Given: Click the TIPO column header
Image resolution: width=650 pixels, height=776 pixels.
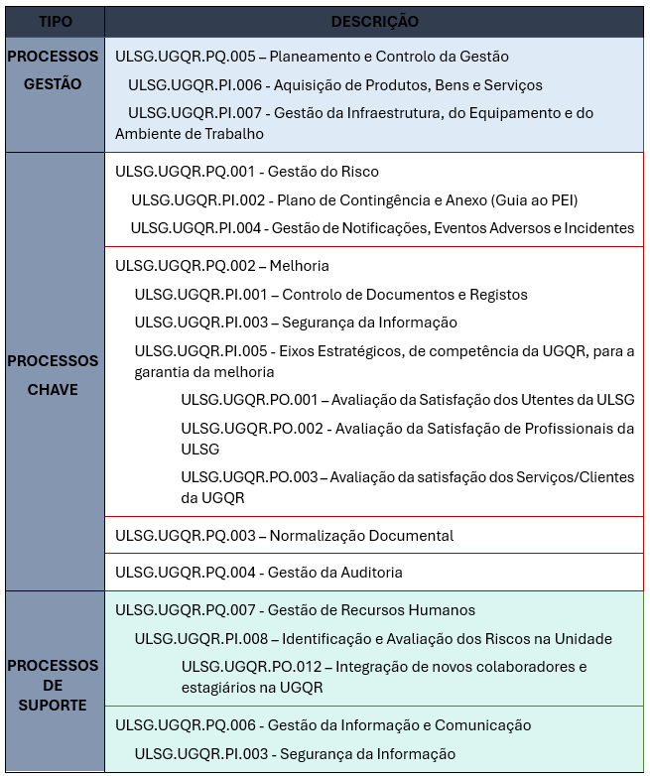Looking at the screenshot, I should pos(55,21).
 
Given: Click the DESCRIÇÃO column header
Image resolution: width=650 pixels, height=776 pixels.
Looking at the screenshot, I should pos(374,21).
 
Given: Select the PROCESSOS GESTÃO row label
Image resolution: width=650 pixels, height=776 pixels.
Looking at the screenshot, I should pos(54,70).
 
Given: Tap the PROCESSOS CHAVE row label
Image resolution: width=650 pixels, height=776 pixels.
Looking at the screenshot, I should pos(54,375).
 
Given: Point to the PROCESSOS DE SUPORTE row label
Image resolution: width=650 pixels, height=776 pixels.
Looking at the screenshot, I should pos(54,685).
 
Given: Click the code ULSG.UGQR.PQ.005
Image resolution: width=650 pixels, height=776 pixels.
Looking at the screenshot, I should pos(186,57).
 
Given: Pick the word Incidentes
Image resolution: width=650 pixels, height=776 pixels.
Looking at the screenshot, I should pos(598,228).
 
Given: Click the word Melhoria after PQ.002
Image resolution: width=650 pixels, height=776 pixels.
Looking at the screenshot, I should pos(299,266).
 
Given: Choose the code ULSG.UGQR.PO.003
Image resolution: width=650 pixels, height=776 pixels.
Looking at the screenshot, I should pos(249,477).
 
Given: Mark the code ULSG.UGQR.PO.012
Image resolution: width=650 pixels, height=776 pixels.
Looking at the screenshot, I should pos(249,666).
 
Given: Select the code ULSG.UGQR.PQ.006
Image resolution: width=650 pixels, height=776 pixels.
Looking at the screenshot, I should pos(186,725).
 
